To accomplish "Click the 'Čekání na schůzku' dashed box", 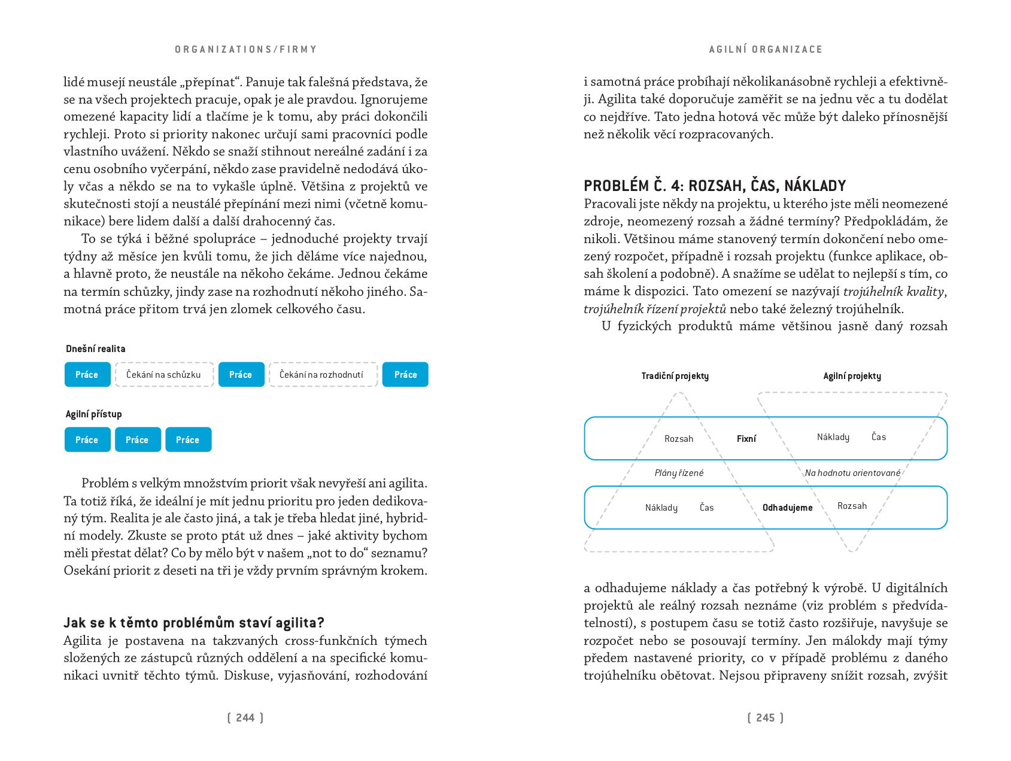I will pyautogui.click(x=164, y=375).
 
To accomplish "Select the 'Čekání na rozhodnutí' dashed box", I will pyautogui.click(x=323, y=375).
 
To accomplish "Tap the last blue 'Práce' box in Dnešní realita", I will pyautogui.click(x=405, y=375).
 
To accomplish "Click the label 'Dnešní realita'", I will pyautogui.click(x=96, y=349).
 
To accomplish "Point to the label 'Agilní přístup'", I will pyautogui.click(x=94, y=414).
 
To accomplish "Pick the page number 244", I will pyautogui.click(x=245, y=718).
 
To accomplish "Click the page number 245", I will pyautogui.click(x=766, y=718).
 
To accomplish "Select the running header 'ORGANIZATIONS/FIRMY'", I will pyautogui.click(x=246, y=50).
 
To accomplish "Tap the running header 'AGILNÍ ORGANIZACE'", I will pyautogui.click(x=766, y=50).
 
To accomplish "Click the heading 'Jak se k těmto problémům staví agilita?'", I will pyautogui.click(x=194, y=623).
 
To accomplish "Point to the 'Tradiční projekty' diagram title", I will pyautogui.click(x=675, y=376).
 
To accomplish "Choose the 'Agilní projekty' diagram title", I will pyautogui.click(x=852, y=376).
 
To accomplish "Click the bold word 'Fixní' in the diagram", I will pyautogui.click(x=746, y=439).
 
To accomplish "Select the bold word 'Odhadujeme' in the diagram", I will pyautogui.click(x=788, y=508).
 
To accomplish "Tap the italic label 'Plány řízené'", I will pyautogui.click(x=679, y=473).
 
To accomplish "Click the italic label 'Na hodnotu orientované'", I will pyautogui.click(x=852, y=473).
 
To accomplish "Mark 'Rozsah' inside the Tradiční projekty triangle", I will pyautogui.click(x=679, y=439).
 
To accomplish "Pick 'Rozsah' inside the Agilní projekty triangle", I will pyautogui.click(x=852, y=506).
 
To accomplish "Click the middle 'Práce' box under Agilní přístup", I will pyautogui.click(x=138, y=440).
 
